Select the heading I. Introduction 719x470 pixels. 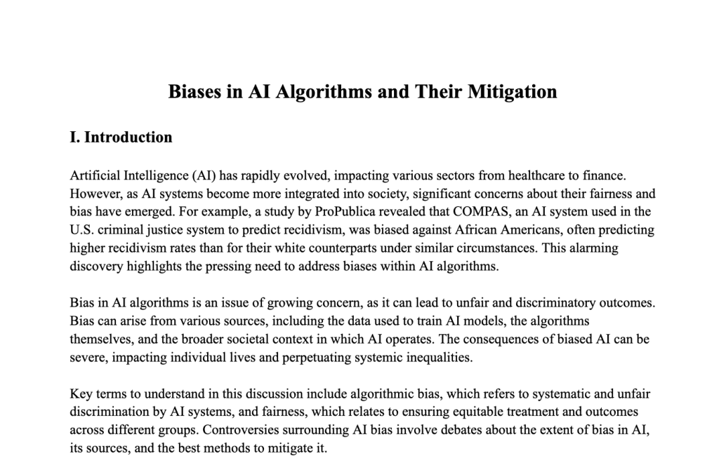[x=121, y=137]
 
